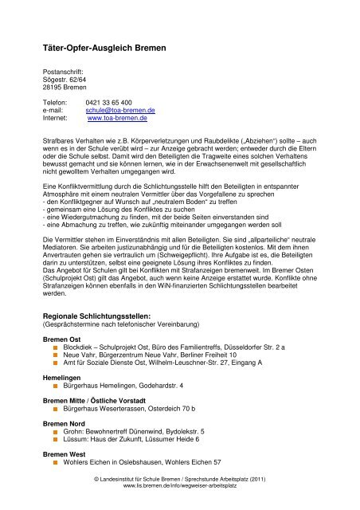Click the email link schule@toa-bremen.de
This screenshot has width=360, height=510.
click(120, 110)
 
